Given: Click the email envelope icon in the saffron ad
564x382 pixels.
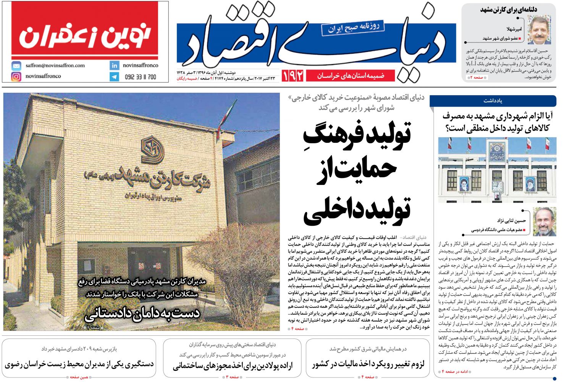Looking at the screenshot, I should point(16,65).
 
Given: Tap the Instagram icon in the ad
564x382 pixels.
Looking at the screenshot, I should point(16,76).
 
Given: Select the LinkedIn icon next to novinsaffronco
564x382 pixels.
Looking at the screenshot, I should point(114,65).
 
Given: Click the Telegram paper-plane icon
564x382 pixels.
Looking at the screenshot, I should point(114,77).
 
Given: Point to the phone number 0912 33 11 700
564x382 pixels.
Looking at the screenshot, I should point(141,77).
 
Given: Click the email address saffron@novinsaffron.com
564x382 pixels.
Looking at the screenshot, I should point(55,65).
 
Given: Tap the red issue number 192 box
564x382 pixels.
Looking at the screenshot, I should point(293,76).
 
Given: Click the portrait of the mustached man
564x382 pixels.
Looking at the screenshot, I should point(539,30).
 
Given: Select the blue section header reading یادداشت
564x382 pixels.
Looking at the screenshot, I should point(493,101).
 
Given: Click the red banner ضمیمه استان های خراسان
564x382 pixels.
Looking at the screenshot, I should point(350,76).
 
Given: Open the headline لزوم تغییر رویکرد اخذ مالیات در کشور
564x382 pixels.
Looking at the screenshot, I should point(368,364).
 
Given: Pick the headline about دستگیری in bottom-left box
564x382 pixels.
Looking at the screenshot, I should point(79,364).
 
